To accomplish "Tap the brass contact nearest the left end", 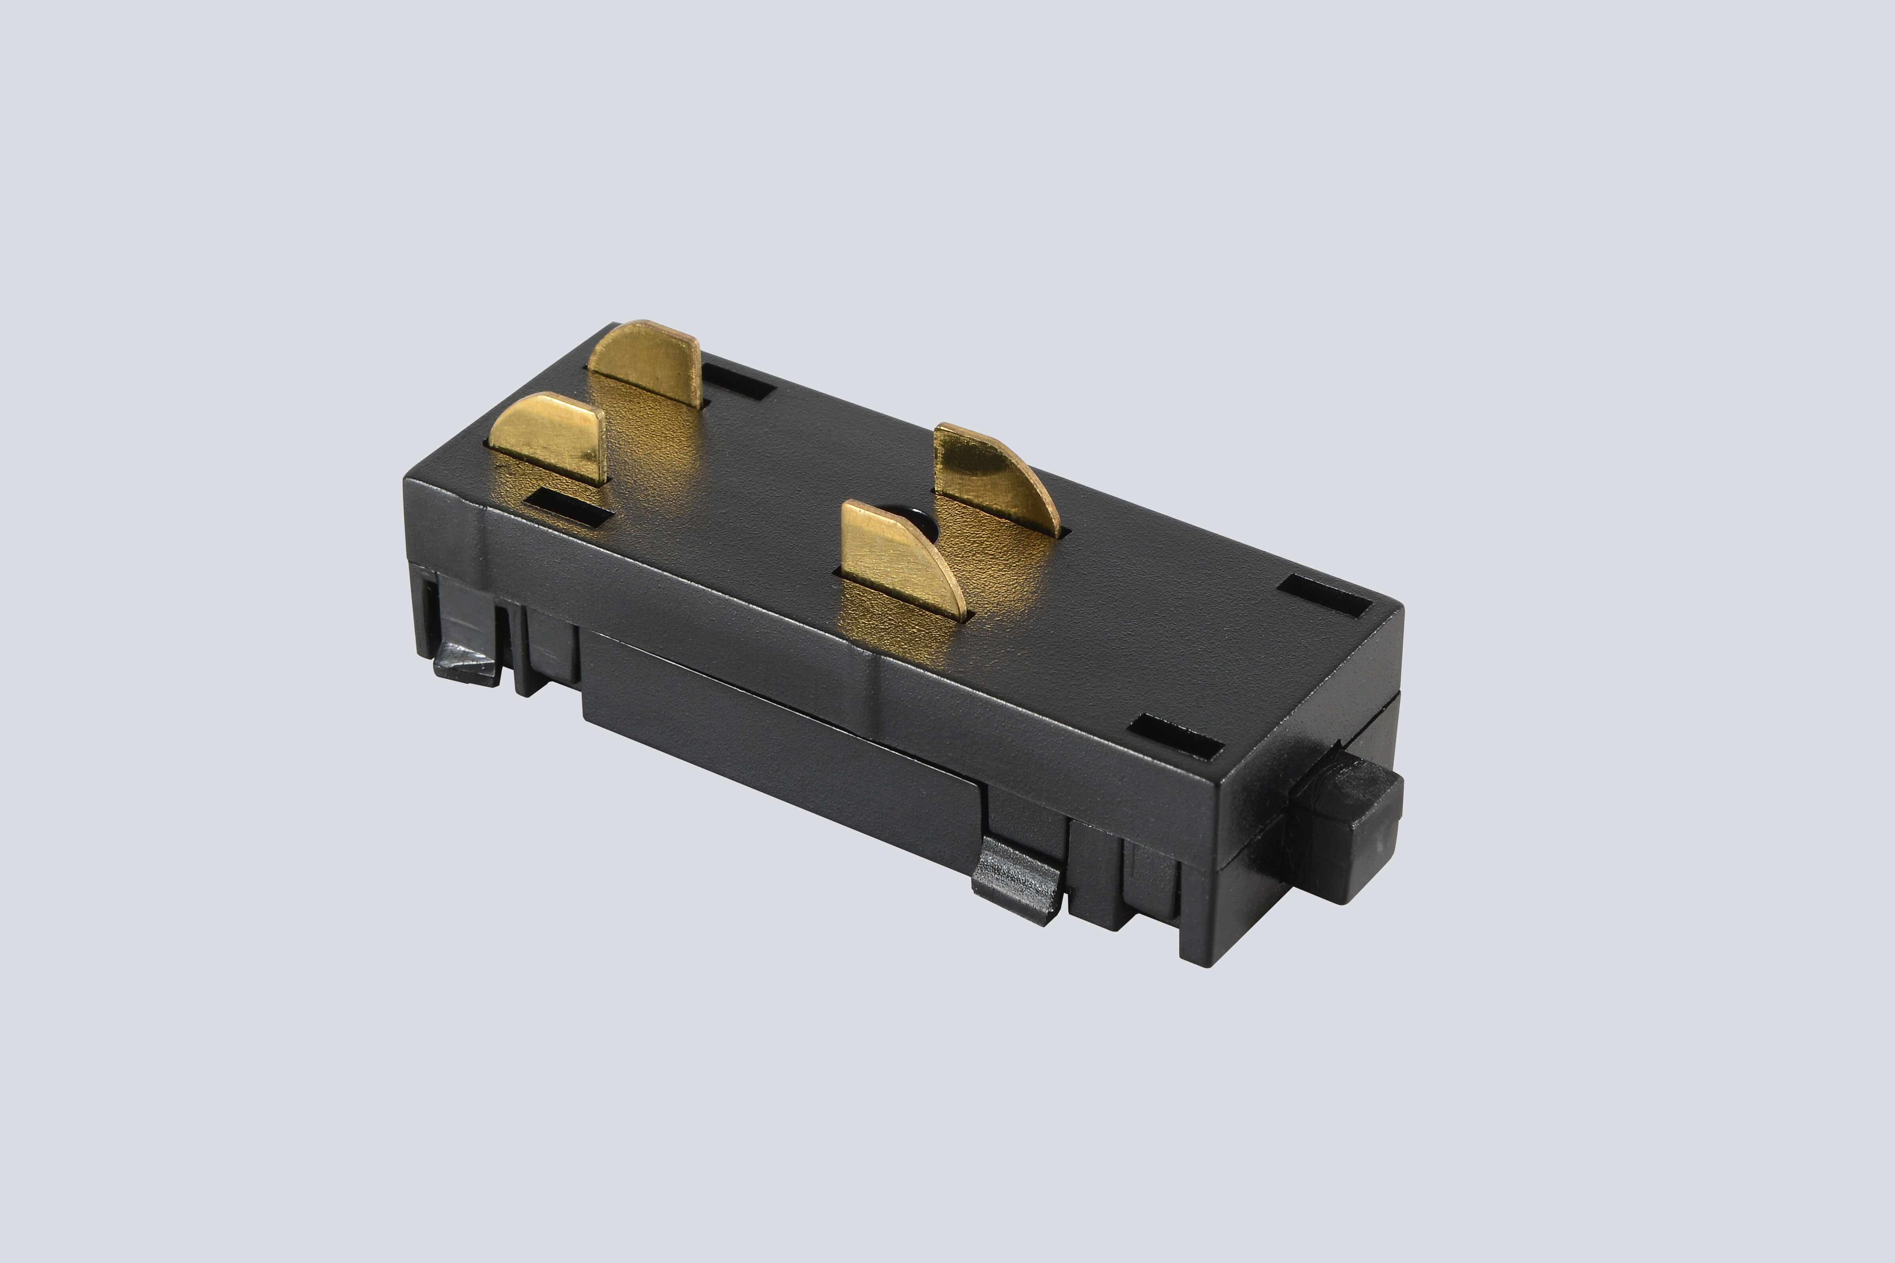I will click(x=552, y=435).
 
